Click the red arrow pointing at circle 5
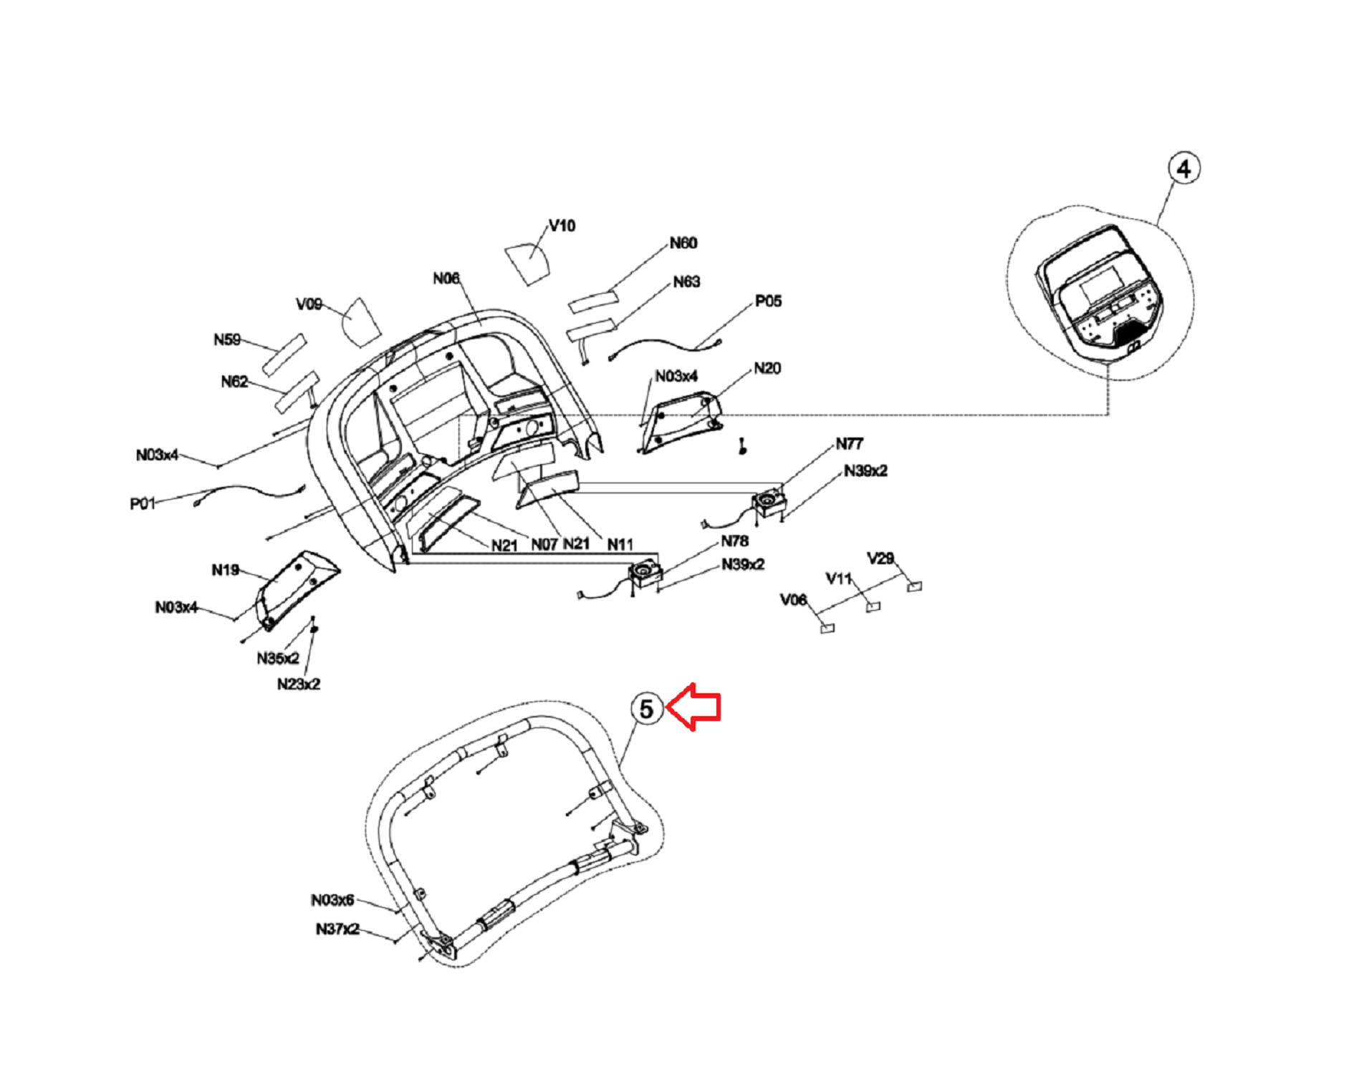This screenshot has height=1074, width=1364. [694, 707]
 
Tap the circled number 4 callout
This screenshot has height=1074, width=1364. [1183, 169]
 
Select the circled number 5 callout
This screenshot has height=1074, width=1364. [646, 709]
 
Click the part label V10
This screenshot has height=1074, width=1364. [562, 226]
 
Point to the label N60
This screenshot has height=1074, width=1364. [683, 243]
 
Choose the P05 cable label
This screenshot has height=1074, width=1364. [768, 301]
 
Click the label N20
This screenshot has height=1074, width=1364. [767, 369]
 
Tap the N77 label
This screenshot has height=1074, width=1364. [850, 444]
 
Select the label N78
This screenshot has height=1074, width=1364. [735, 541]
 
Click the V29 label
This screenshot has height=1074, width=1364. [880, 558]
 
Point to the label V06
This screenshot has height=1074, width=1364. [793, 600]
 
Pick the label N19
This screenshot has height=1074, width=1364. [225, 570]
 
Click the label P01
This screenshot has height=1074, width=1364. [143, 504]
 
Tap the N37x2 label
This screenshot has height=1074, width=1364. [337, 929]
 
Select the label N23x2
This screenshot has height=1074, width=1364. [299, 684]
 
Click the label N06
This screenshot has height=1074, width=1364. [446, 279]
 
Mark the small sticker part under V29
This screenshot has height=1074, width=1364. [914, 587]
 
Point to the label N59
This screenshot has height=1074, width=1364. [227, 339]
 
